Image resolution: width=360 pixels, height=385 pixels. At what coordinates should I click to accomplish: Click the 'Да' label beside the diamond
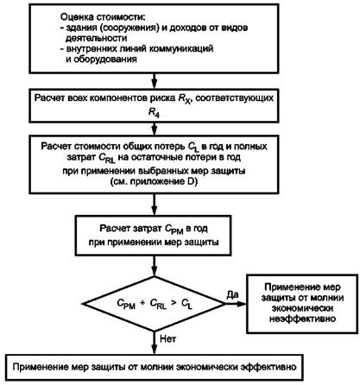click(x=233, y=294)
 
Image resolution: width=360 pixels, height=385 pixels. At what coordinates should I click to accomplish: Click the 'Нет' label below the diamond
click(x=167, y=338)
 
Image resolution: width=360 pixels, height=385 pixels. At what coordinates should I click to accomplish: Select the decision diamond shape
click(x=155, y=304)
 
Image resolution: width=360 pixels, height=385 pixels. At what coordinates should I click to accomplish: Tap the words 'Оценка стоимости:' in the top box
click(x=103, y=17)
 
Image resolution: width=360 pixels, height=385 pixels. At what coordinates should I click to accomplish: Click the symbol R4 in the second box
click(x=154, y=112)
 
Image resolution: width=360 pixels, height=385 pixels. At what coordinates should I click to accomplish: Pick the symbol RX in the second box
click(x=185, y=99)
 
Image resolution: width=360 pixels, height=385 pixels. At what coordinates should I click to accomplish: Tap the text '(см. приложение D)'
click(x=154, y=182)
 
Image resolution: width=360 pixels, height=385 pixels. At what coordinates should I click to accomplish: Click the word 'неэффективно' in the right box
click(x=302, y=319)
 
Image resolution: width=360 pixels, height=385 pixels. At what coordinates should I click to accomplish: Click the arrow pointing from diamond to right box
click(x=236, y=304)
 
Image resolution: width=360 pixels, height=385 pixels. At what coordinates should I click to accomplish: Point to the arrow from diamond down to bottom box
click(x=155, y=343)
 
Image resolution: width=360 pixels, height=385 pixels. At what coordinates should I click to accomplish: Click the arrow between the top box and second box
click(x=155, y=81)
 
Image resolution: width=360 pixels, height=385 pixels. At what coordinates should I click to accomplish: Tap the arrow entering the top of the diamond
click(x=155, y=266)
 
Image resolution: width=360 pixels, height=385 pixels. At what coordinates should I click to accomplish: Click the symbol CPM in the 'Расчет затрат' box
click(x=174, y=230)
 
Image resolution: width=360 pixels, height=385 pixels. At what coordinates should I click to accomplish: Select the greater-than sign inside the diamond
click(x=174, y=303)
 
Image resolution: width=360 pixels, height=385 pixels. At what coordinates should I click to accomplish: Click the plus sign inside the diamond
click(x=142, y=303)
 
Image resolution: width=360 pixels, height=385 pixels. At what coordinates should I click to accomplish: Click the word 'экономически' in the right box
click(x=302, y=308)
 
